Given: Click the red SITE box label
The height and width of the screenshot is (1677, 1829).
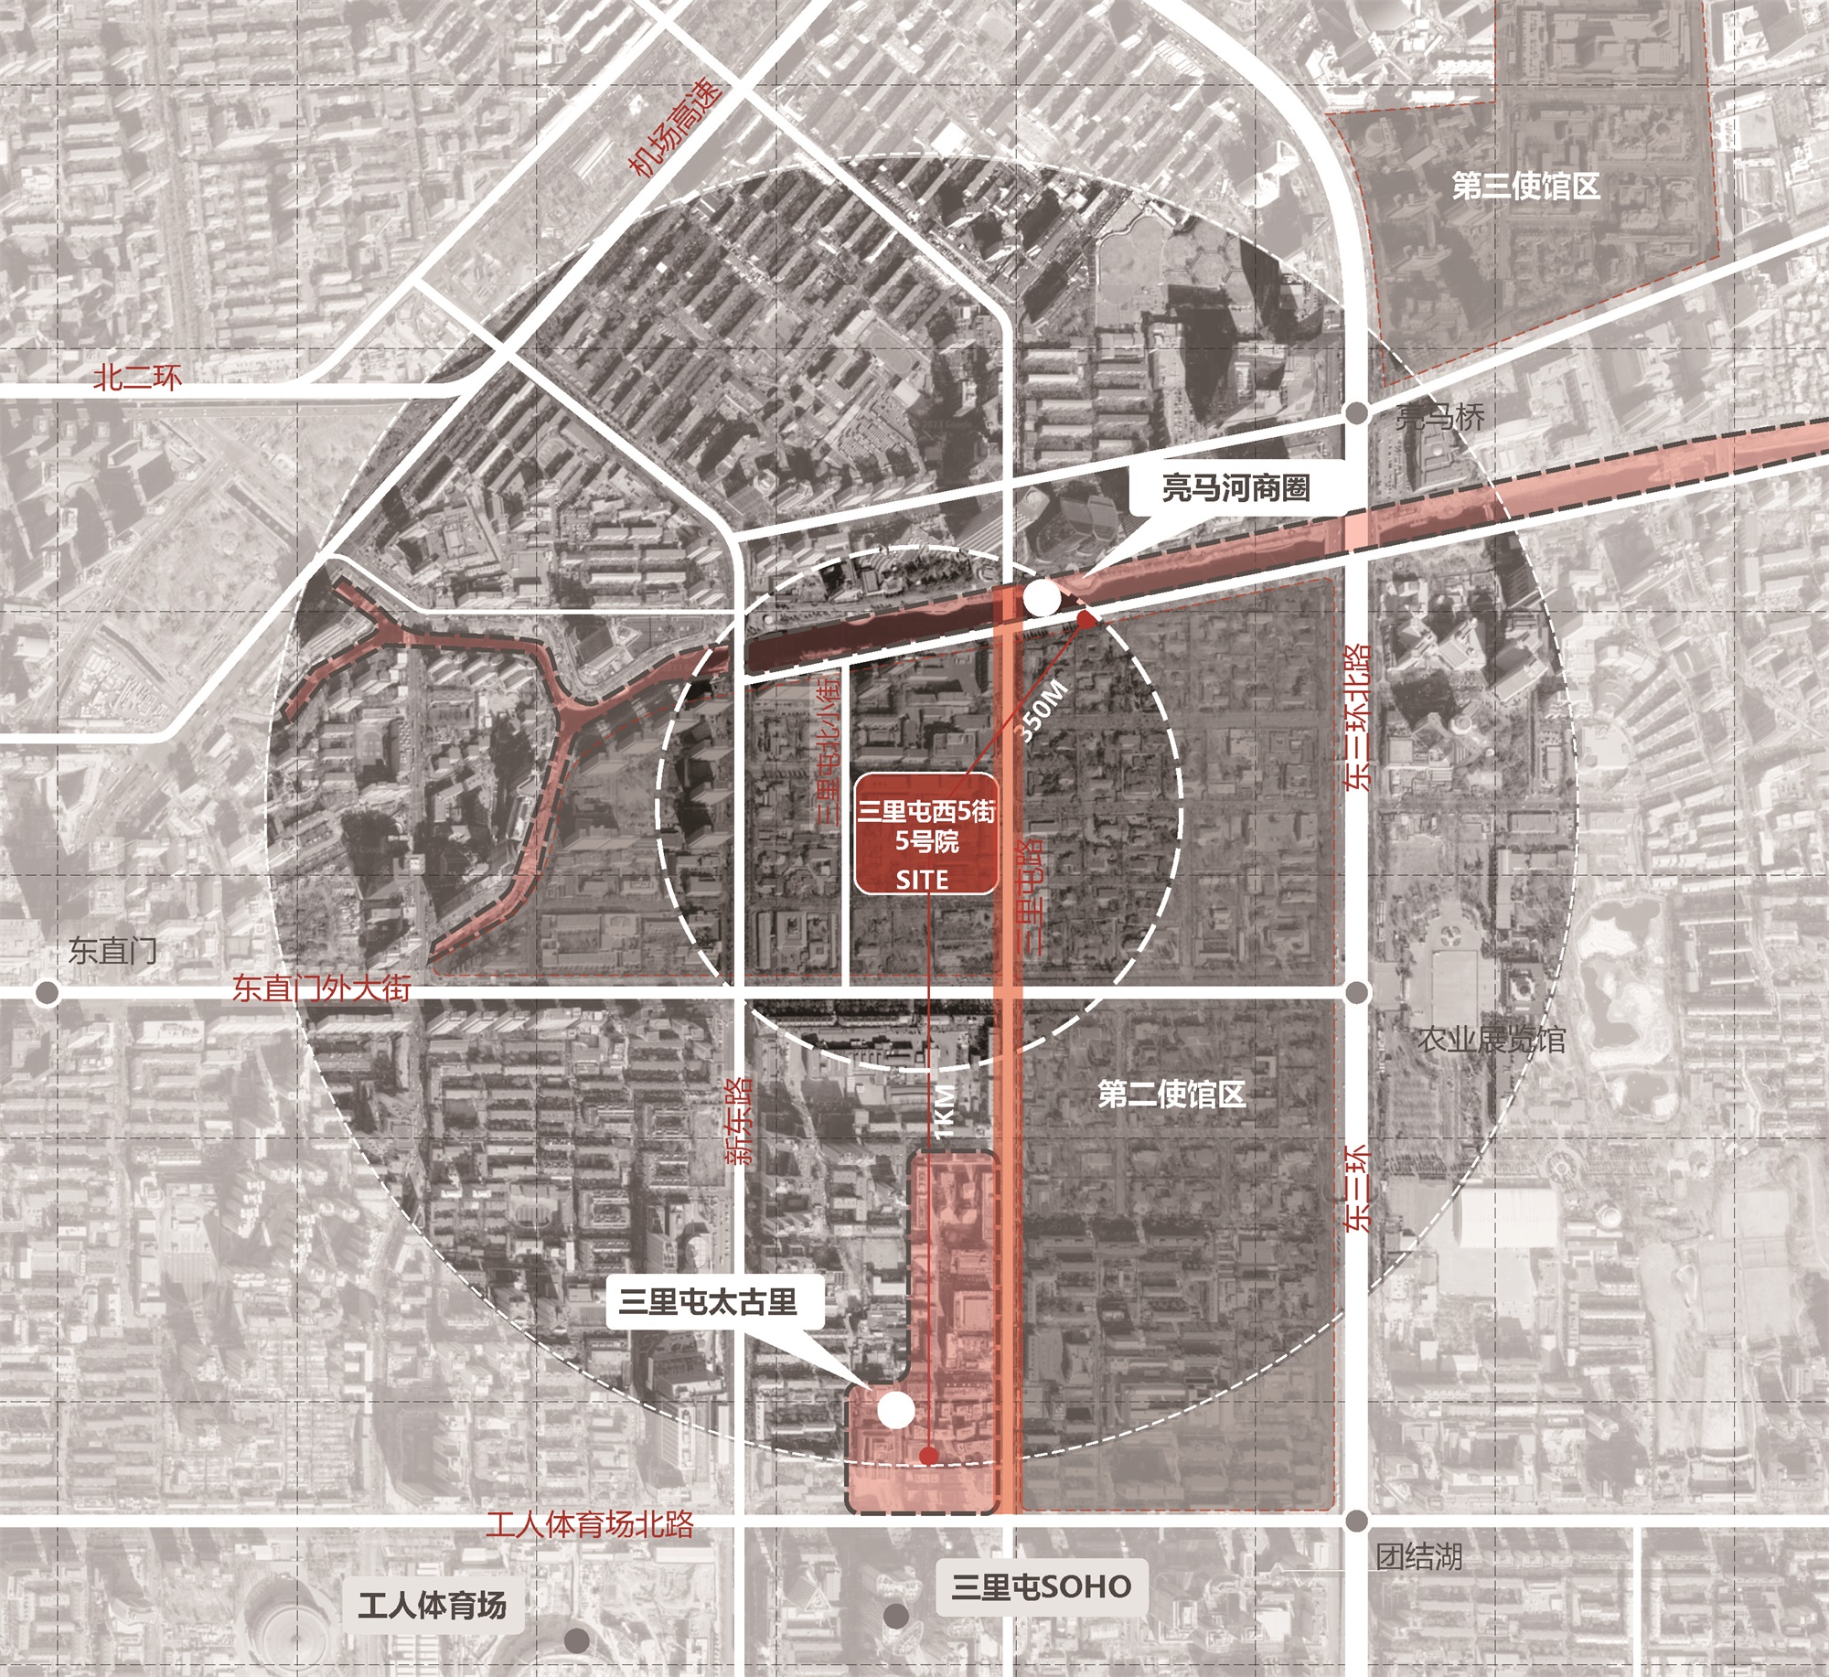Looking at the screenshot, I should click(925, 833).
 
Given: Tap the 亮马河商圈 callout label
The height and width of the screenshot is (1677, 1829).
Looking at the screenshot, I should click(1235, 488).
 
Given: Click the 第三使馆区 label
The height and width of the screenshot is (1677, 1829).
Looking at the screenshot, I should click(1525, 187).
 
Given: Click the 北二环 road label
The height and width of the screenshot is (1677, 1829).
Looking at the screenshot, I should click(137, 378).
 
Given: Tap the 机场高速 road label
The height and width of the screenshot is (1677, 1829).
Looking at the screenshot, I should click(675, 129).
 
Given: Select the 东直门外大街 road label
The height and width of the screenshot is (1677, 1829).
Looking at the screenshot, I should click(321, 988).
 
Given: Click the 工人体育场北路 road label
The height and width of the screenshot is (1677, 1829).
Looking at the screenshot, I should click(589, 1524).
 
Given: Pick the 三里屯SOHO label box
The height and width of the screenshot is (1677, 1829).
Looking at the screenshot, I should click(1041, 1586).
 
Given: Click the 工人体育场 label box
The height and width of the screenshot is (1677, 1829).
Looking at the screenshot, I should click(432, 1606).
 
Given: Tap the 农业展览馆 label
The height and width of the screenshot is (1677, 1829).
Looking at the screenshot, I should click(1492, 1040).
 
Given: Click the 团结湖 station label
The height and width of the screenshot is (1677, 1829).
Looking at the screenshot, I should click(1418, 1556).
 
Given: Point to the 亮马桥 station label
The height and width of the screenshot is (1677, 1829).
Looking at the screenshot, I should click(1440, 418).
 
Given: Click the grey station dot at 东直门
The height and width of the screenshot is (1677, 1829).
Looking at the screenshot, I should click(47, 992).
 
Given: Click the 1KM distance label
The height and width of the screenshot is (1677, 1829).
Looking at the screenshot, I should click(945, 1111).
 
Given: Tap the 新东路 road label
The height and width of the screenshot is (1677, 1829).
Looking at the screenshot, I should click(740, 1120).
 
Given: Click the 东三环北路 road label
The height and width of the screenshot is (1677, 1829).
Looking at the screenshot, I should click(1358, 717).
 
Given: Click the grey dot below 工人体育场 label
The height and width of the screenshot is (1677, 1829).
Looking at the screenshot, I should click(576, 1640).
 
